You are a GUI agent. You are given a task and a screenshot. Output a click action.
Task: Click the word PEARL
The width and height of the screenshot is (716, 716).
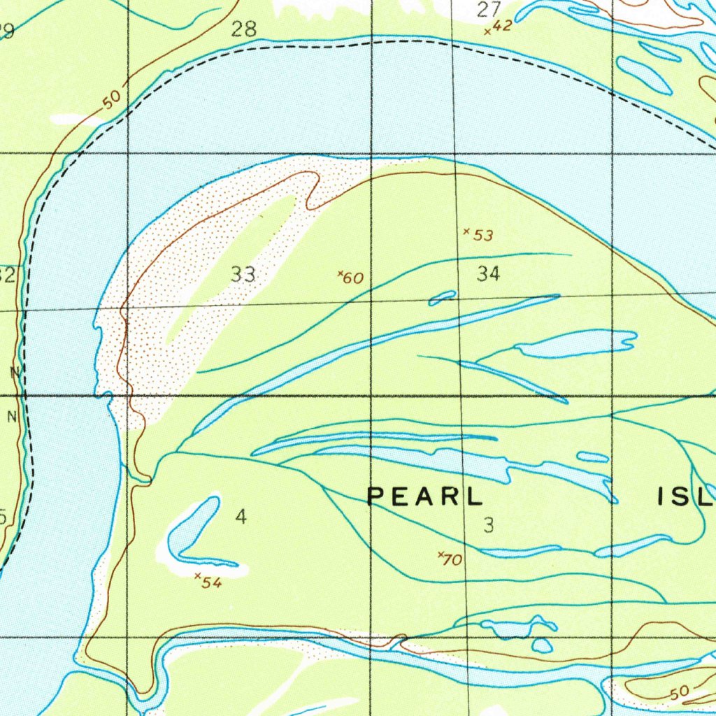[425, 496]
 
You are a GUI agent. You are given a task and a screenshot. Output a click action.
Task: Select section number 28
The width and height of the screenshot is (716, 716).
[243, 29]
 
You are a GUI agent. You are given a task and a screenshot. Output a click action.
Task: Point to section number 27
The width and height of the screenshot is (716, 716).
[489, 10]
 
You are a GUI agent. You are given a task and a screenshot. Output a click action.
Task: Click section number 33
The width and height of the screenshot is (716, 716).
[243, 275]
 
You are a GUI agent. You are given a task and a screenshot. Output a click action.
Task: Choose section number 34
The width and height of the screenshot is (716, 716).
[488, 274]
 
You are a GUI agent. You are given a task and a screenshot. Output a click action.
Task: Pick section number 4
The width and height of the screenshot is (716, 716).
[241, 517]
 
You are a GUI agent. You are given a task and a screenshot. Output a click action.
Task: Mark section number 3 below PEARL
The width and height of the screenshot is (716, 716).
[489, 525]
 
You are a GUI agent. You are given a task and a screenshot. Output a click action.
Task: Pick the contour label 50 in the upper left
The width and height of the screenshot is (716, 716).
[111, 100]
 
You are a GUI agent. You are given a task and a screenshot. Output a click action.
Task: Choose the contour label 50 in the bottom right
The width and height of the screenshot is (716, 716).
[678, 693]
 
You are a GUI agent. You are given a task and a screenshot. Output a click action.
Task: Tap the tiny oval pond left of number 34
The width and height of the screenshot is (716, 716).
[443, 299]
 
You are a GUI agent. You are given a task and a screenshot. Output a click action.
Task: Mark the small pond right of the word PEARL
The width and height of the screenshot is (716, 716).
[593, 457]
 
